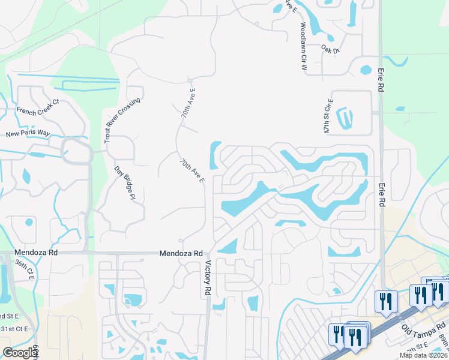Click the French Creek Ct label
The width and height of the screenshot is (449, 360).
(37, 106)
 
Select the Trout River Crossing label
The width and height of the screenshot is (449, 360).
(122, 119)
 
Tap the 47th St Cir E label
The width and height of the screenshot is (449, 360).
(328, 118)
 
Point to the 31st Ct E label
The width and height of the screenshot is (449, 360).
(14, 329)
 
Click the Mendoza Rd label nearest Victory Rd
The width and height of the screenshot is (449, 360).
(181, 253)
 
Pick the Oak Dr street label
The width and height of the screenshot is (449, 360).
(330, 49)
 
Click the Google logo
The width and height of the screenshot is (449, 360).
(20, 353)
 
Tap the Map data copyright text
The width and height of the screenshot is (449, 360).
(423, 355)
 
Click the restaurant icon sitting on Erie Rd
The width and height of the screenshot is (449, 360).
(384, 301)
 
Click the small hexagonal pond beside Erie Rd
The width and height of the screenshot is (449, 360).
(366, 70)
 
